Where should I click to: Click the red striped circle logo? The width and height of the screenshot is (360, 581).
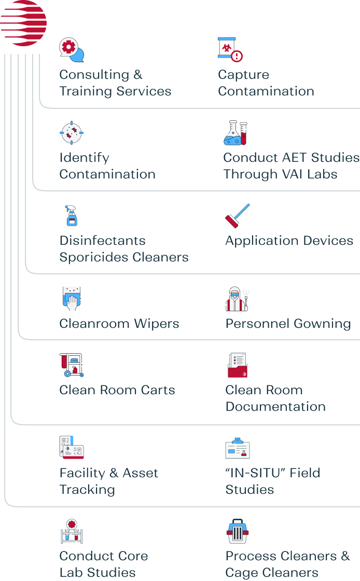pos(23,23)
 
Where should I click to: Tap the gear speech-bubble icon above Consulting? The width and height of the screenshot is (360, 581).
pos(72,50)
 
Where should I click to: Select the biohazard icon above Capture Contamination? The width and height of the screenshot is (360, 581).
pos(230,49)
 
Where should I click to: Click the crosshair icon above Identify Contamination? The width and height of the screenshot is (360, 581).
pos(72,133)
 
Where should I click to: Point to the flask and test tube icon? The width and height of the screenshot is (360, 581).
pos(236,133)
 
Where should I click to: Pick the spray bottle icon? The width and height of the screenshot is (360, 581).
pos(71,216)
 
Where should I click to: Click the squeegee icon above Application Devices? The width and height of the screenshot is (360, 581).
pos(238,216)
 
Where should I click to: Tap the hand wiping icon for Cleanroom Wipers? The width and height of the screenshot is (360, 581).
pos(72,299)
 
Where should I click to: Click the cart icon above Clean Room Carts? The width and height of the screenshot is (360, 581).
pos(72,365)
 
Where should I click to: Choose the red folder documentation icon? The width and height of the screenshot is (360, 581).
pos(238,365)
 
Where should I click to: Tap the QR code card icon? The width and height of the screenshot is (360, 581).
pos(72,448)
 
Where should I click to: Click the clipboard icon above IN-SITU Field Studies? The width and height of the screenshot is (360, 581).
pos(238,448)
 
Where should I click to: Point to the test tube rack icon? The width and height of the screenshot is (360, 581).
pos(72,531)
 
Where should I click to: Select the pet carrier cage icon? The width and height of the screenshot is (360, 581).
pos(238,531)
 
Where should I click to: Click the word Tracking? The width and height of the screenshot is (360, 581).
pos(87,490)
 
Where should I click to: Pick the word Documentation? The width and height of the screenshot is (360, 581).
pos(275,407)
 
